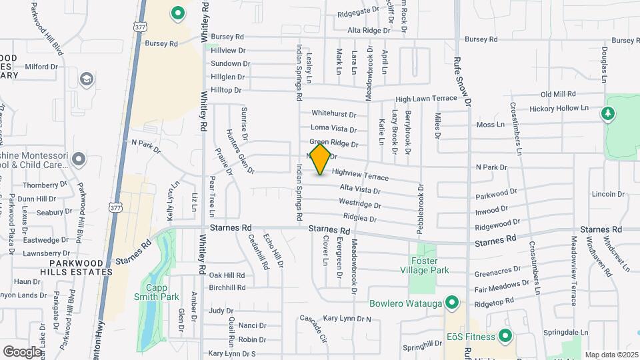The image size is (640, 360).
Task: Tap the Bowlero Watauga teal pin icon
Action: coord(452,304)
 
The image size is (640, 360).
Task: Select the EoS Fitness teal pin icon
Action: coord(505,336)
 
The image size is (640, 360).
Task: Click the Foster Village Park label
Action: coord(428,265)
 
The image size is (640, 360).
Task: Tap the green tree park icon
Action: coord(607,114)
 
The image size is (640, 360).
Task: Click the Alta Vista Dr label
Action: coord(359,190)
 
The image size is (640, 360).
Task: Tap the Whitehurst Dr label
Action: coord(333,114)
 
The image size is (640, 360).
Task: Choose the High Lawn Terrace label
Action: coord(427,99)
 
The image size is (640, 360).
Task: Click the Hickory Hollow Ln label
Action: coord(559,108)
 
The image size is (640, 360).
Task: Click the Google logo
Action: coord(22,351)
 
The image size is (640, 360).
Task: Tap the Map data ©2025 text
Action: coord(611,355)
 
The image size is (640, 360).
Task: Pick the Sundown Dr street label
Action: coord(230,64)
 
